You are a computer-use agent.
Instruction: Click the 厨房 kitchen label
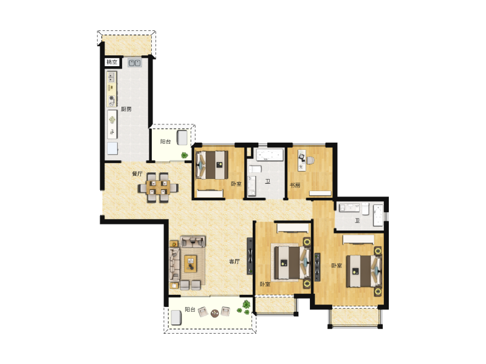point(126,109)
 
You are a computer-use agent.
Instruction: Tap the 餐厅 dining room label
point(137,174)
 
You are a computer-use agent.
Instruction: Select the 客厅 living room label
point(234,261)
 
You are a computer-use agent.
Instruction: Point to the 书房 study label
point(295,185)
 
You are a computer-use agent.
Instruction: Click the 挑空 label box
point(112,62)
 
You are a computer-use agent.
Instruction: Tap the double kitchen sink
point(135,63)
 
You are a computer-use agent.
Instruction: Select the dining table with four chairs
point(158,187)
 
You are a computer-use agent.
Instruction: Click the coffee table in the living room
point(191,264)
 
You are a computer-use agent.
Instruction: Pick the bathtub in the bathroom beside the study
point(270,155)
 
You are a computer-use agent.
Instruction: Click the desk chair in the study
point(310,160)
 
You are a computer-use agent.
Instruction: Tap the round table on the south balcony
point(214,314)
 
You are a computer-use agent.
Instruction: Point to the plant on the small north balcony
point(185,155)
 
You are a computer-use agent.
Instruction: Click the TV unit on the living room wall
point(250,256)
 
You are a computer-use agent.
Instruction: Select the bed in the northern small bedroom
point(213,164)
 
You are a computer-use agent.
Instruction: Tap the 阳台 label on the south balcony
point(190,309)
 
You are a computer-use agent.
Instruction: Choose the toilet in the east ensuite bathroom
point(366,208)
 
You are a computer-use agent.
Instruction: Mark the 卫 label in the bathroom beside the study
point(267,181)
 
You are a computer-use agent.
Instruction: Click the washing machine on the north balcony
point(182,138)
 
